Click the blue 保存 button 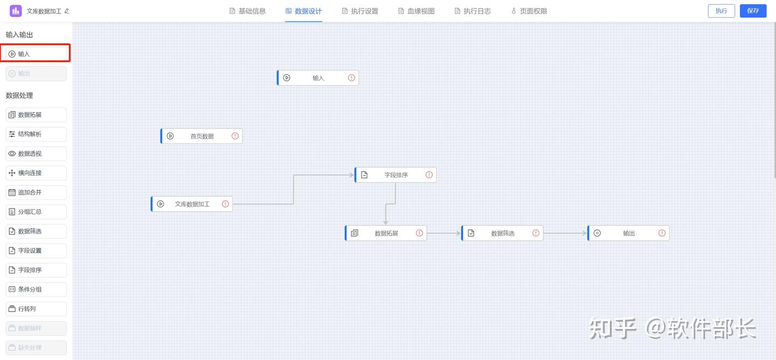coord(753,11)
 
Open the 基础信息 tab coord(247,11)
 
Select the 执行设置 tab coord(360,11)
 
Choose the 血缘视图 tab coord(416,11)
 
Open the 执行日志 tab coord(473,11)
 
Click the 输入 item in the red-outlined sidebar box coord(36,54)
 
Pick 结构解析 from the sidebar coord(36,134)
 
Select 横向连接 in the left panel coord(36,173)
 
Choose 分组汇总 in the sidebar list coord(36,212)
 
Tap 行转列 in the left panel coord(36,309)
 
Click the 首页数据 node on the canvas coord(202,136)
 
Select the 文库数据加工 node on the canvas coord(192,204)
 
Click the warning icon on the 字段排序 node coord(429,175)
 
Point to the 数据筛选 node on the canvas coord(502,233)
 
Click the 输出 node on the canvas coord(628,233)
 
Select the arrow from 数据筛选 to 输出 coord(565,233)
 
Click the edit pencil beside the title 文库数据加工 coord(67,11)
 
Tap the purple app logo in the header coord(16,11)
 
